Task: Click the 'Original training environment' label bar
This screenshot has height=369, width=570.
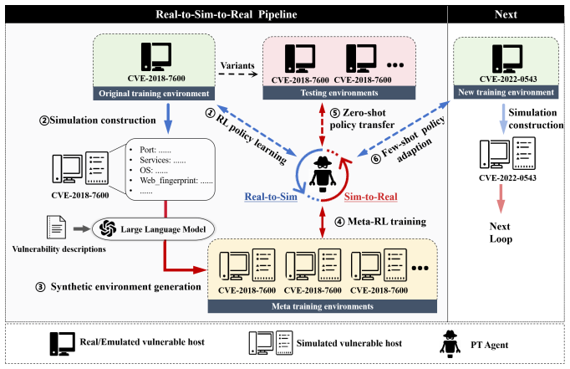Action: pos(154,94)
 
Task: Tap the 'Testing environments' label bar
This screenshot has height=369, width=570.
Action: pos(339,93)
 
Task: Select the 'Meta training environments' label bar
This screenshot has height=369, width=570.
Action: pos(323,306)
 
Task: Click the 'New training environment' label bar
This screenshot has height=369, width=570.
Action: pos(506,92)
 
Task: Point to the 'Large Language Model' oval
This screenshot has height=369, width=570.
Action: pos(154,229)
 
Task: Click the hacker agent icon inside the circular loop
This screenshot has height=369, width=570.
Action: pos(323,174)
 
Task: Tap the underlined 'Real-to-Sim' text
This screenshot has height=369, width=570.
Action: pos(271,197)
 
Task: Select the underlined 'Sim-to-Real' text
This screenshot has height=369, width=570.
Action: pos(371,197)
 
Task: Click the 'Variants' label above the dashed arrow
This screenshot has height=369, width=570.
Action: pos(237,65)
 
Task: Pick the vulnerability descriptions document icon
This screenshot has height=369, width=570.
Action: pos(56,227)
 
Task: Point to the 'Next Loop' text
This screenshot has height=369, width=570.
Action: pos(501,233)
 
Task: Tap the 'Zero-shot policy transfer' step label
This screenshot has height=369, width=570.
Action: pos(362,119)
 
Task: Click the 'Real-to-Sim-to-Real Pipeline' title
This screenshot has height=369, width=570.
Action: pos(226,14)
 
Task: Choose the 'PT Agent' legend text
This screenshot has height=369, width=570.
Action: pos(489,345)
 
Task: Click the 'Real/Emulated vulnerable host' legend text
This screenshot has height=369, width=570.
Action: pos(142,342)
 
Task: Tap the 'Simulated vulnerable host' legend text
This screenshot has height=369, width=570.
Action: pos(349,343)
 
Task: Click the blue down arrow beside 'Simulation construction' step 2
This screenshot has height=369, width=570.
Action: pos(168,118)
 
